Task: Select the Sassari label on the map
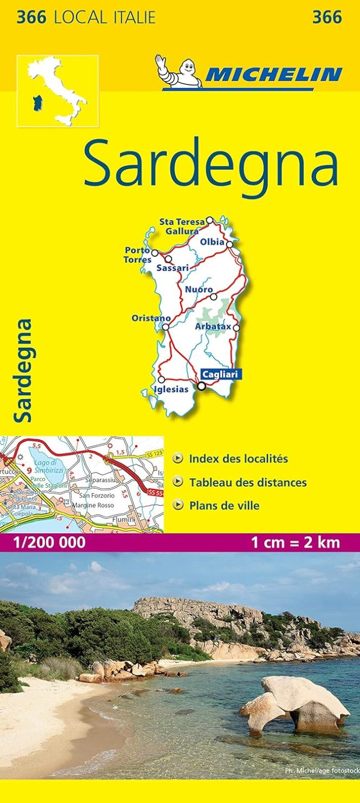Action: [x=172, y=268]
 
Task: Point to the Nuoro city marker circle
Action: [x=214, y=296]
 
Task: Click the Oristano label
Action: [x=151, y=318]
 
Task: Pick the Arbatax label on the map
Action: [x=213, y=327]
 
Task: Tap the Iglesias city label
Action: [x=171, y=389]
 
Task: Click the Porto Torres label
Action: [x=138, y=255]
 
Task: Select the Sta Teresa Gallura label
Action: [x=182, y=225]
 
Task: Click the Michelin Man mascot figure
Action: [x=179, y=70]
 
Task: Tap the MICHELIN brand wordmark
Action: [x=274, y=74]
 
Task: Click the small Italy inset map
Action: [x=57, y=90]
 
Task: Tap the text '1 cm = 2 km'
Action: [x=296, y=542]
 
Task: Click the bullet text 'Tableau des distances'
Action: [x=248, y=482]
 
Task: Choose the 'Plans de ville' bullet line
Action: [x=224, y=506]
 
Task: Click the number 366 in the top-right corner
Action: [x=327, y=17]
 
